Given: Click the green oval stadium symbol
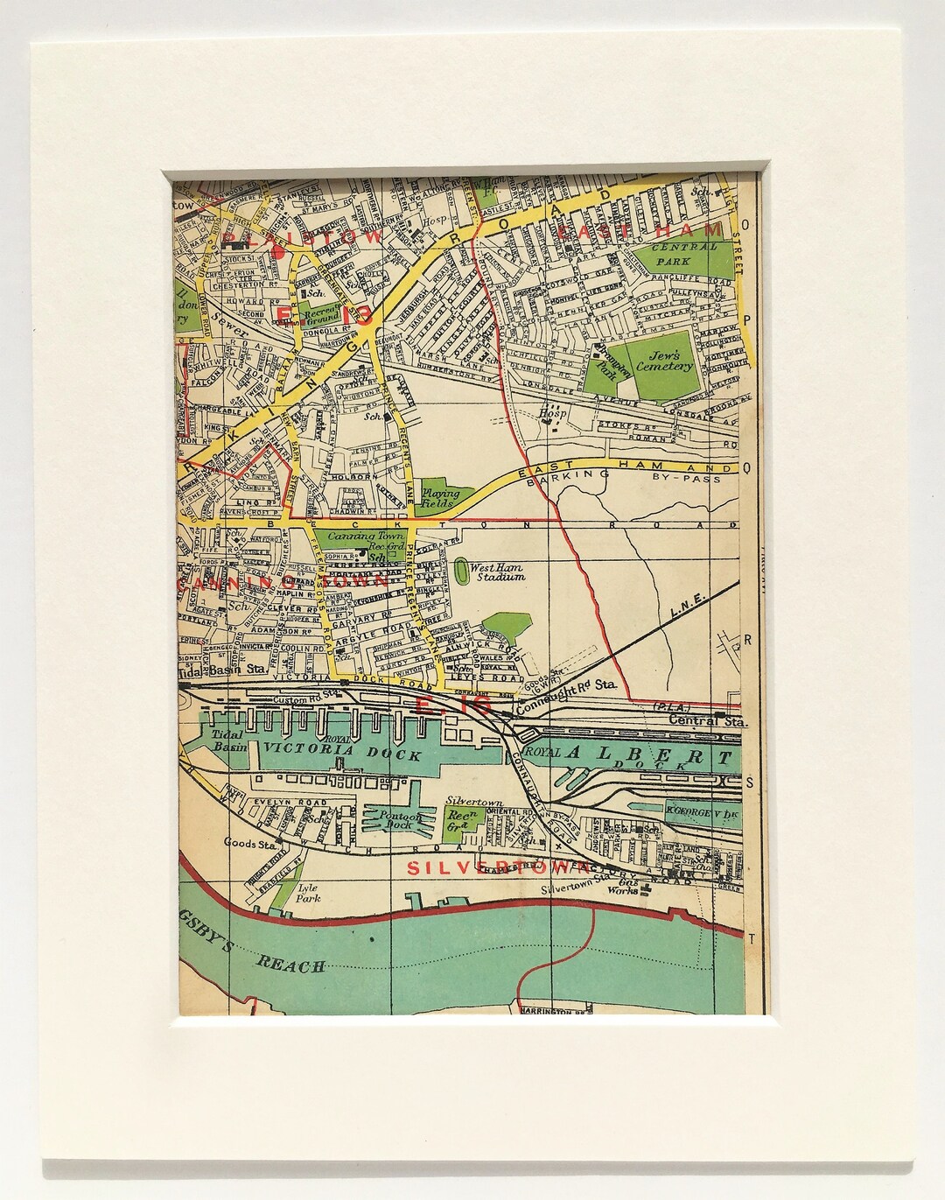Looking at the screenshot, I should [461, 572].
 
